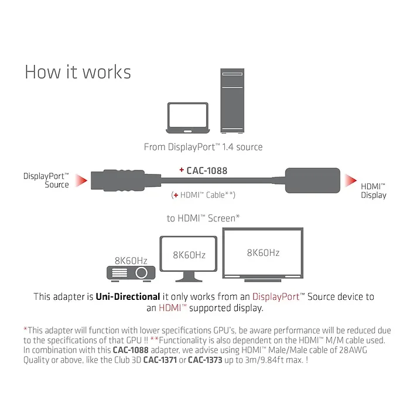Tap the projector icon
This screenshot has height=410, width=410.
[130, 272]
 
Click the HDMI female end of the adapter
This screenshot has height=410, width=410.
[312, 180]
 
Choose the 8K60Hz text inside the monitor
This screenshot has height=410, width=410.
[189, 255]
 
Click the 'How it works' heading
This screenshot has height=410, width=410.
[78, 71]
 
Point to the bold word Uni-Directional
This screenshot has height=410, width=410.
[128, 297]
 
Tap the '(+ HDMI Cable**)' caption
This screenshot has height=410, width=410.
[203, 194]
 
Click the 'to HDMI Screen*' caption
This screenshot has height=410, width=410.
[203, 218]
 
